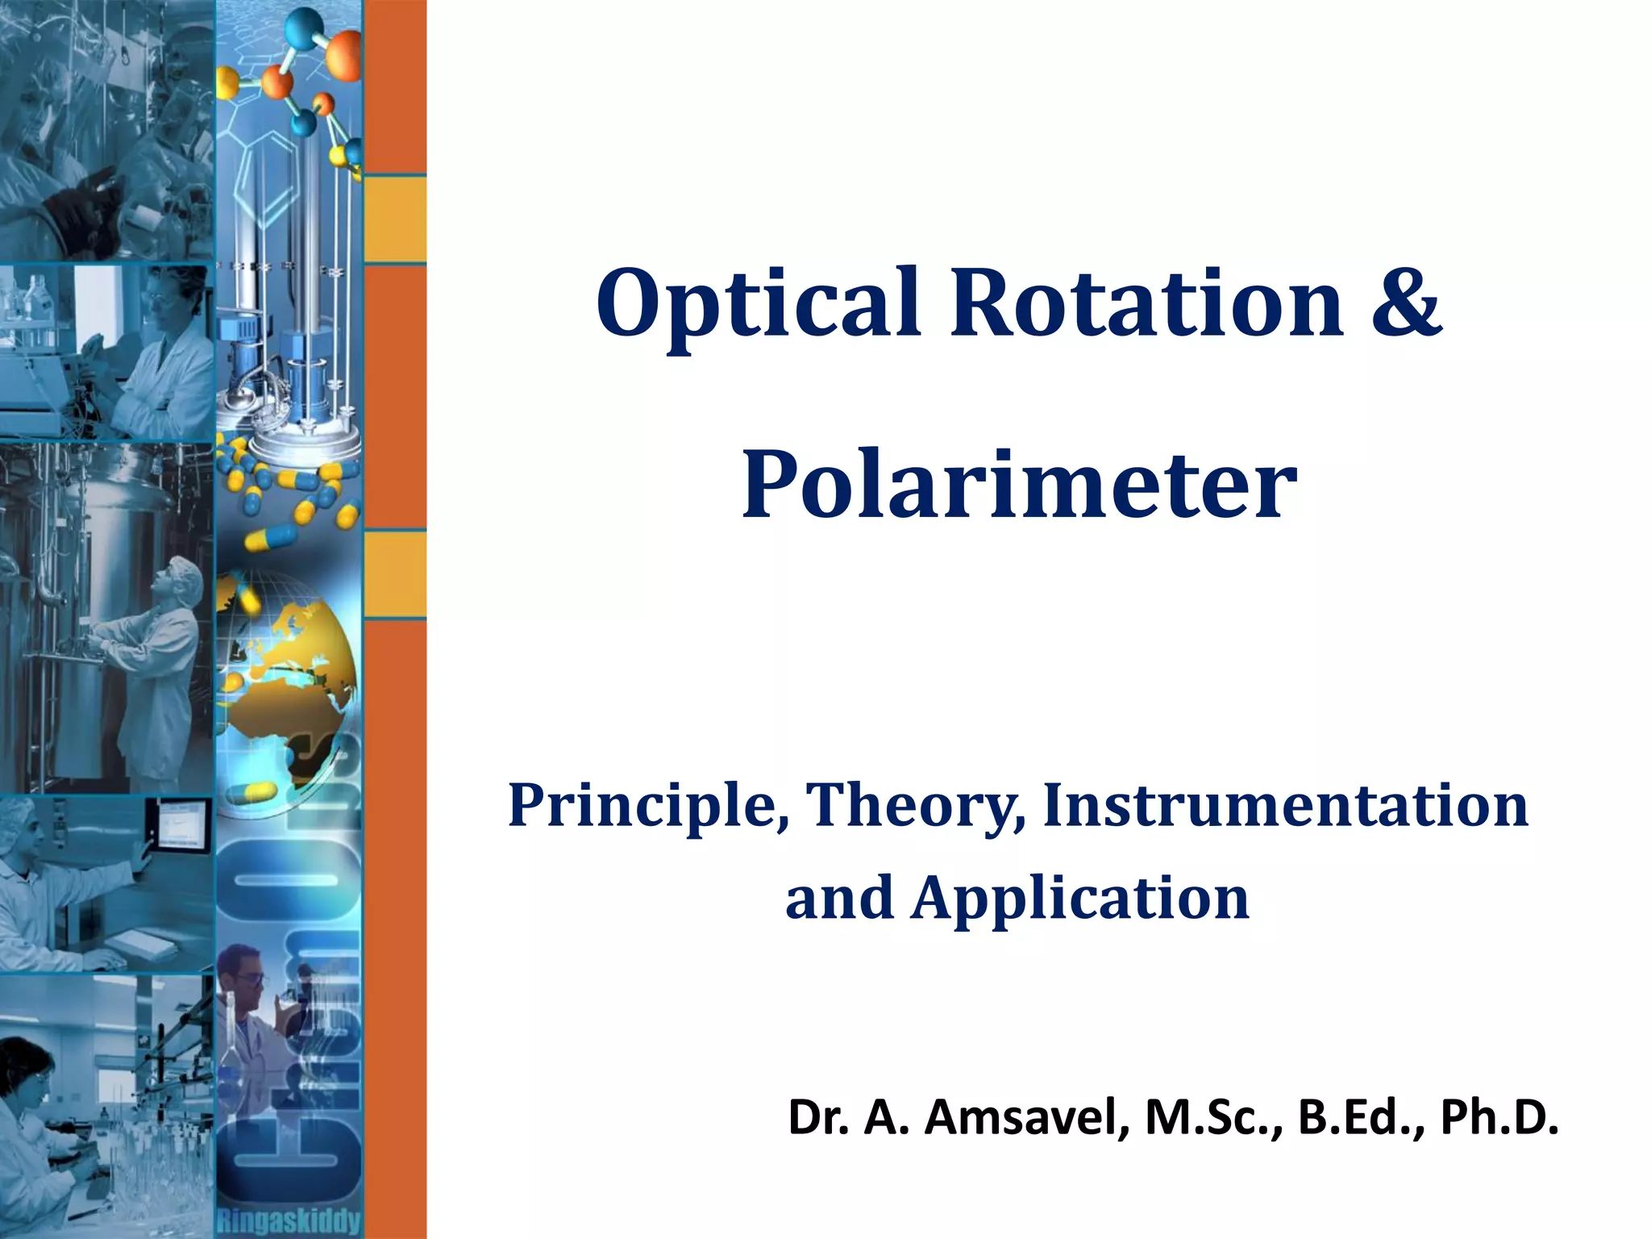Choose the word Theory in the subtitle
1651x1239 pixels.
tap(916, 807)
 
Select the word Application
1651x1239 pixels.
tap(1080, 899)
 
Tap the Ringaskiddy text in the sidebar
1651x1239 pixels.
tap(289, 1221)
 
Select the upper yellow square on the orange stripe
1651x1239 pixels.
tap(395, 219)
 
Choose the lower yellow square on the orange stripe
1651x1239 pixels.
tap(395, 574)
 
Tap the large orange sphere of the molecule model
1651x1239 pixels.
tap(345, 55)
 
